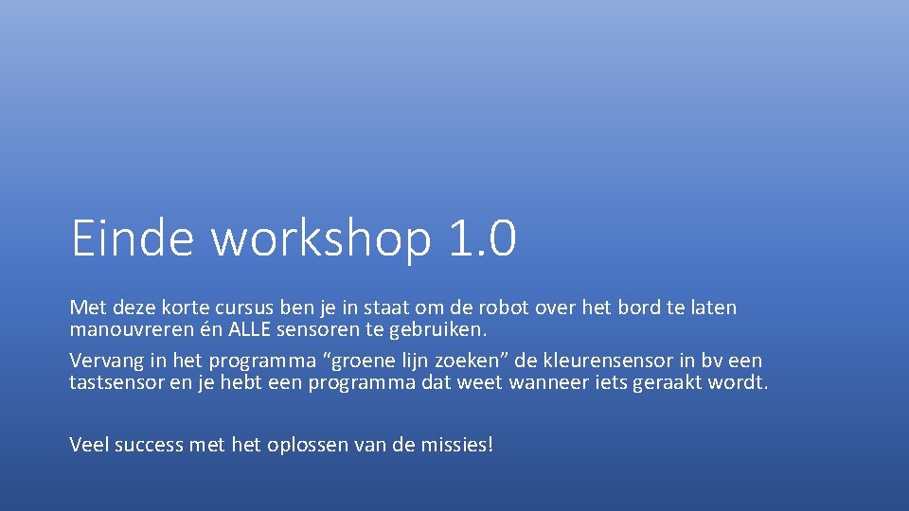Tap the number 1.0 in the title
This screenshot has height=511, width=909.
coord(480,238)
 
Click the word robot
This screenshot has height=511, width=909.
coord(497,308)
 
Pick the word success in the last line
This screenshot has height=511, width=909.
coord(150,444)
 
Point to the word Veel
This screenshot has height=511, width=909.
coord(89,444)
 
